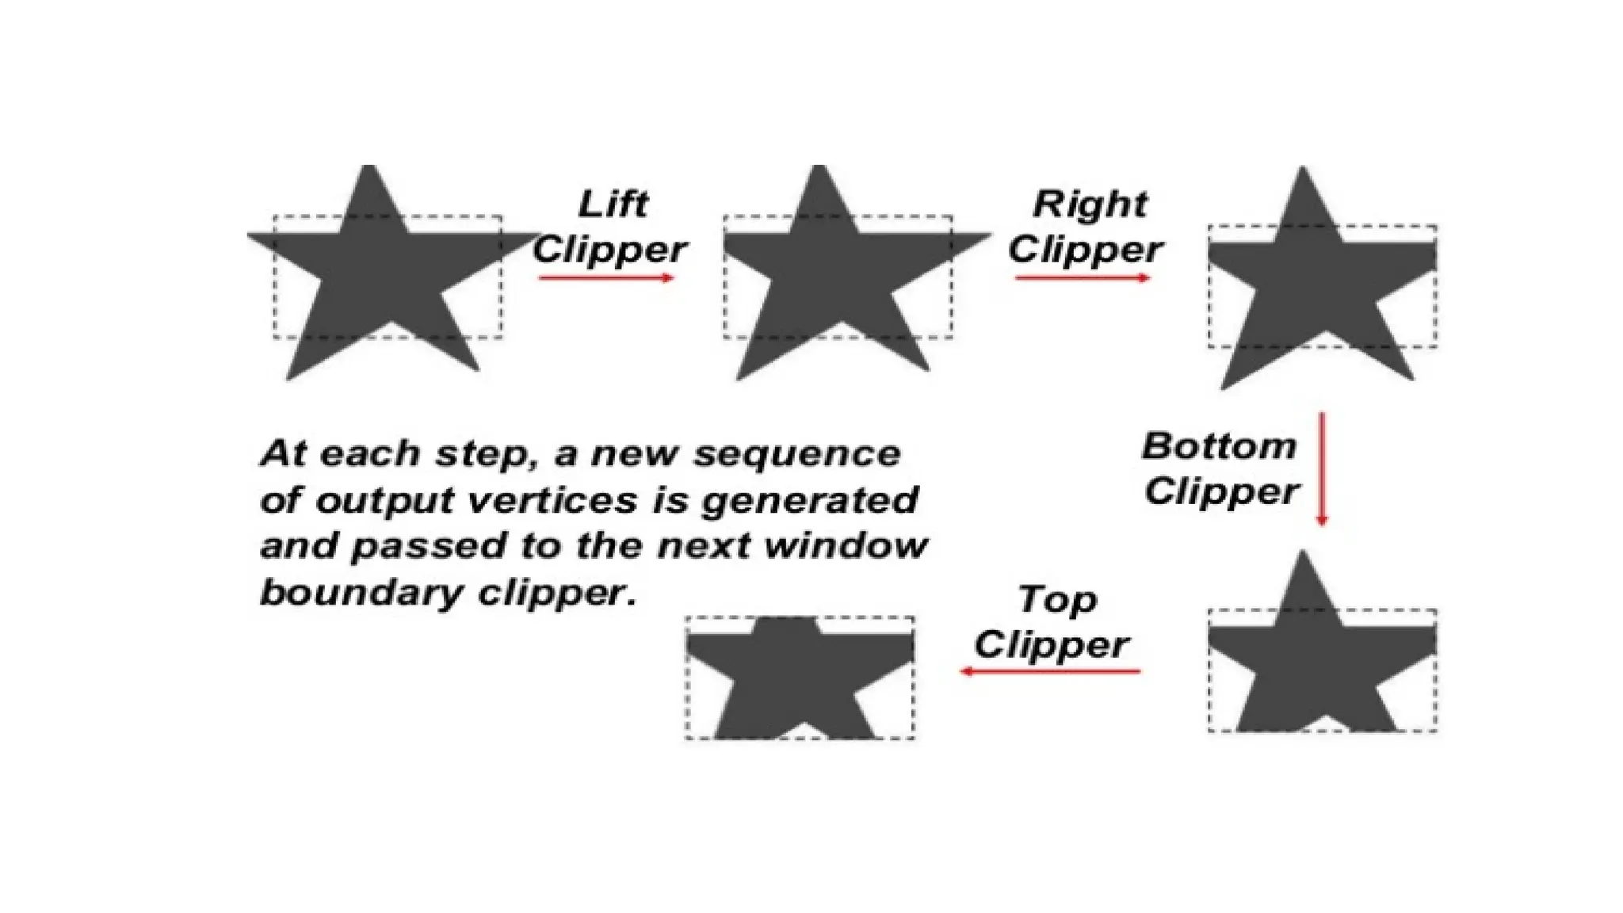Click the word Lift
(x=613, y=204)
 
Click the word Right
(x=1090, y=204)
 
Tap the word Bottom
(x=1219, y=446)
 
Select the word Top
(x=1056, y=600)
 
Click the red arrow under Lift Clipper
(x=605, y=277)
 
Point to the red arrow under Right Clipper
(x=1082, y=277)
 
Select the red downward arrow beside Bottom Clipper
(x=1321, y=468)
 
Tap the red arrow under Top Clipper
(x=1050, y=671)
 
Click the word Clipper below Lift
(x=609, y=250)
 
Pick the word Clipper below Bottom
(x=1221, y=492)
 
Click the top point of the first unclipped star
(x=369, y=168)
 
